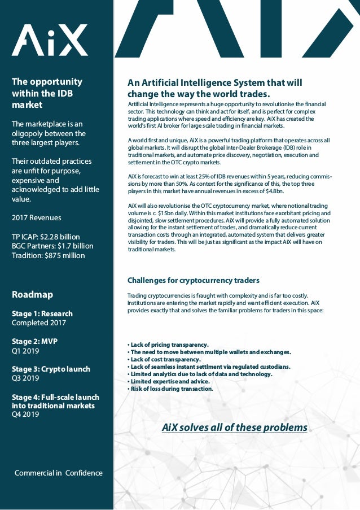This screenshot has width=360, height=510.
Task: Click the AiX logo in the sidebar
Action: [x=50, y=40]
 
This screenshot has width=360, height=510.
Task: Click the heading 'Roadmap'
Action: [x=32, y=294]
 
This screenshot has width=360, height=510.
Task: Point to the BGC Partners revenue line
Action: [x=52, y=246]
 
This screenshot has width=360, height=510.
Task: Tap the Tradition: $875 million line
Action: [x=49, y=255]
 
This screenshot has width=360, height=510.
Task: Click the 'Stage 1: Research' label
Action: [x=42, y=313]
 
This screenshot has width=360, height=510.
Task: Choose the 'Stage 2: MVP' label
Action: [x=34, y=341]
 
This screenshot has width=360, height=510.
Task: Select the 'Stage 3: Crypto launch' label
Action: [x=51, y=369]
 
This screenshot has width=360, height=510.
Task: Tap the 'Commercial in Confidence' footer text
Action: [x=59, y=473]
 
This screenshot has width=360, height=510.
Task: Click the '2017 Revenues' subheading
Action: [x=37, y=217]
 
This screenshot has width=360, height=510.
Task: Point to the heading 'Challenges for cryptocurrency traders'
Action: [x=194, y=280]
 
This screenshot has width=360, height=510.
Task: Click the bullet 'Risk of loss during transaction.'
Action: [x=172, y=389]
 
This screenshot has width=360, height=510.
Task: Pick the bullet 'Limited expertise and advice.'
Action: [x=169, y=381]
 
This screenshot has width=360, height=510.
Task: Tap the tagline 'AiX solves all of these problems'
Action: [x=234, y=427]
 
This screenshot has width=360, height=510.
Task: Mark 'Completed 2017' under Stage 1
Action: [x=39, y=323]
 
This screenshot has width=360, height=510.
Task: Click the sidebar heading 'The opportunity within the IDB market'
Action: [x=47, y=93]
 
